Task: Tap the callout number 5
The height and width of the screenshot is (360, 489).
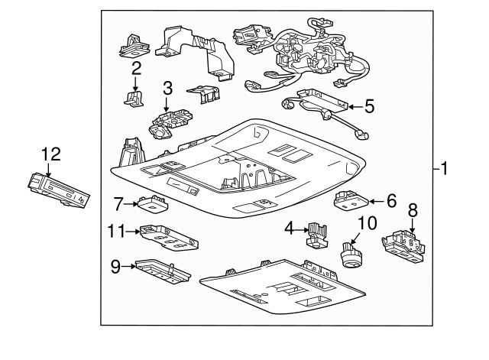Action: [x=369, y=105]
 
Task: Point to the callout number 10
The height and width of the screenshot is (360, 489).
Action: [x=368, y=223]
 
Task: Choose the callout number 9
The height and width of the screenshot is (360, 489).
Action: [x=116, y=267]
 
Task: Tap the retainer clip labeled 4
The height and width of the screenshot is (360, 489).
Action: [x=316, y=235]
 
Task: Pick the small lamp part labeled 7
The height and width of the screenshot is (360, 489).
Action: [x=153, y=203]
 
